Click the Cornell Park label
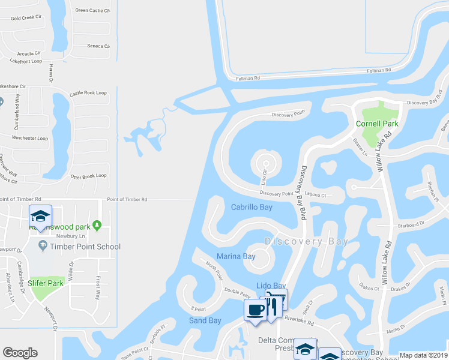pos(377,124)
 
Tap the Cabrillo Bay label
pos(252,207)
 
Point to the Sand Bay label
pos(205,320)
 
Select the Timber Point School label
pos(85,247)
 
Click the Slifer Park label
pos(46,283)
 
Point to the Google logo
pos(20,353)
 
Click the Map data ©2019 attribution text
pos(424,355)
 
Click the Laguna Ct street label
pos(315,195)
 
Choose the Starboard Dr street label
pos(411,223)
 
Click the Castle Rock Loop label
pos(88,93)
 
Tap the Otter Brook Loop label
pos(88,176)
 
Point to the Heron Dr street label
pos(50,72)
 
